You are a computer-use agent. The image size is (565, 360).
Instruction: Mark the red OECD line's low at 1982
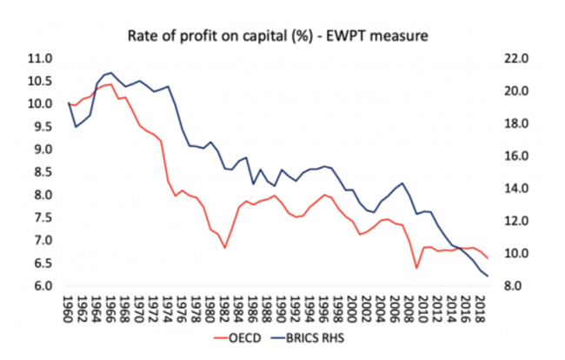coord(225,248)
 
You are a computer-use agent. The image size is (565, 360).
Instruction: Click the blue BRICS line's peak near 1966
coord(111,72)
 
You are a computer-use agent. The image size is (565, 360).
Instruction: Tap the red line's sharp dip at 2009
coord(417,268)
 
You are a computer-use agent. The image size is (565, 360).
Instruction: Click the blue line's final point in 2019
coord(488,277)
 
